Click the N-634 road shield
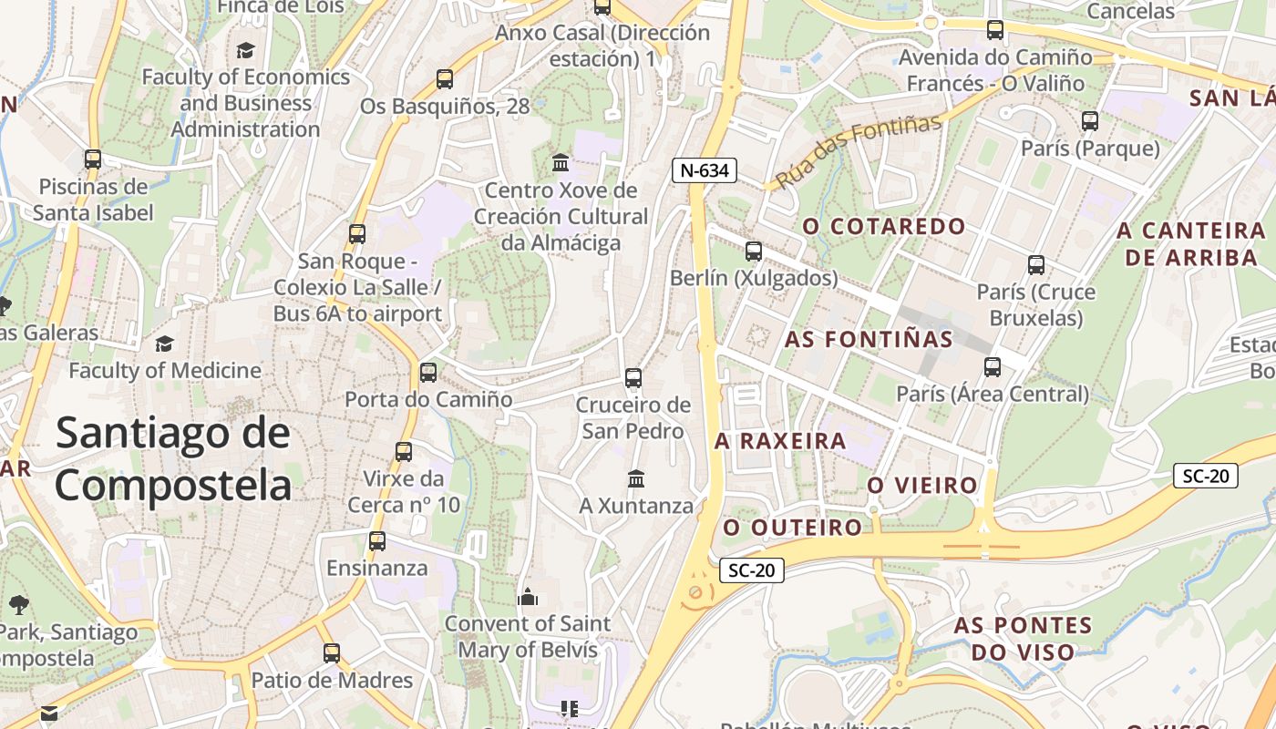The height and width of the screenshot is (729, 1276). click(x=704, y=169)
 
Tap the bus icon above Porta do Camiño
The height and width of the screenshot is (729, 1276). click(x=428, y=373)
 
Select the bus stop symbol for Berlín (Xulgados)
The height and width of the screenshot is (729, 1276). click(x=754, y=252)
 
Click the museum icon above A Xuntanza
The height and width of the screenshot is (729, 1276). click(x=636, y=478)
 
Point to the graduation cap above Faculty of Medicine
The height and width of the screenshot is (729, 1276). click(x=164, y=344)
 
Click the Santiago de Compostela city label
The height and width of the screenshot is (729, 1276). click(x=173, y=458)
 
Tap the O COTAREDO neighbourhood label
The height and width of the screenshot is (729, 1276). click(x=883, y=226)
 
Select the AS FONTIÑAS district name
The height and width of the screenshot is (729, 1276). click(x=869, y=340)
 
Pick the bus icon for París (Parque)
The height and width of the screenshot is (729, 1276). click(x=1090, y=120)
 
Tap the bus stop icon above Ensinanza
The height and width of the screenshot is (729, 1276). click(x=377, y=541)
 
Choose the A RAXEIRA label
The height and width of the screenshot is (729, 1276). click(x=780, y=441)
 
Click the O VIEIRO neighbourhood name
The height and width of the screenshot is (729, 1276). click(x=921, y=486)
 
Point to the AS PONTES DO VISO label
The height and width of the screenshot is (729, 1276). click(x=1023, y=639)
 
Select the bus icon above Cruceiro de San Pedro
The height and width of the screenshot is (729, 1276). click(x=633, y=378)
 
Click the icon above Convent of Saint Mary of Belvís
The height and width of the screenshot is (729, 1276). click(x=528, y=597)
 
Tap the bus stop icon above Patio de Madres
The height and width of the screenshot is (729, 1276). click(x=332, y=653)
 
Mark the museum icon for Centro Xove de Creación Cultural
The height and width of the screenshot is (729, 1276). click(x=561, y=163)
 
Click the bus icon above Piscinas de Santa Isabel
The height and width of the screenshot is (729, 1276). click(x=92, y=159)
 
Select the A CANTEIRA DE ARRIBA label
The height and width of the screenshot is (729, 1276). click(x=1191, y=243)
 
